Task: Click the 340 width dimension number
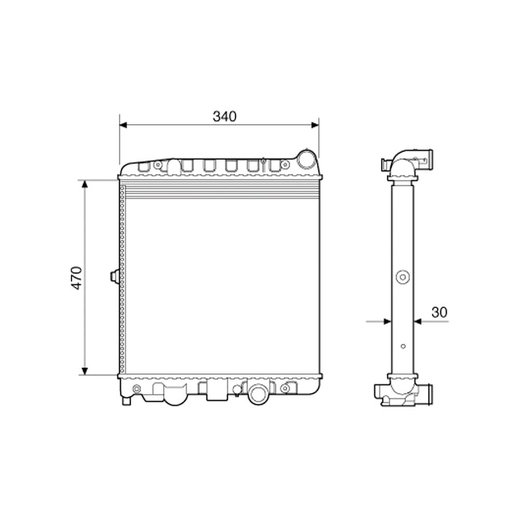coord(224,117)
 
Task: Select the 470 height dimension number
coord(77,278)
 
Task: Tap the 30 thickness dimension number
coord(439,312)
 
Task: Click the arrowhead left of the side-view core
coord(387,321)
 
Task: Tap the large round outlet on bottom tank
coord(257,394)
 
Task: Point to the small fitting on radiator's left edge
coord(115,277)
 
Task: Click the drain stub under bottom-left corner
coord(126,400)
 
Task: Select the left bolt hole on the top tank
coord(158,165)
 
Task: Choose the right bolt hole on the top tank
coord(284,165)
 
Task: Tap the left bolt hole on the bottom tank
coord(136,389)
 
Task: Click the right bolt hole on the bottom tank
coord(284,389)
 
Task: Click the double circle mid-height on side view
coord(402,277)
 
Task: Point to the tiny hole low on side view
coord(403,346)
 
